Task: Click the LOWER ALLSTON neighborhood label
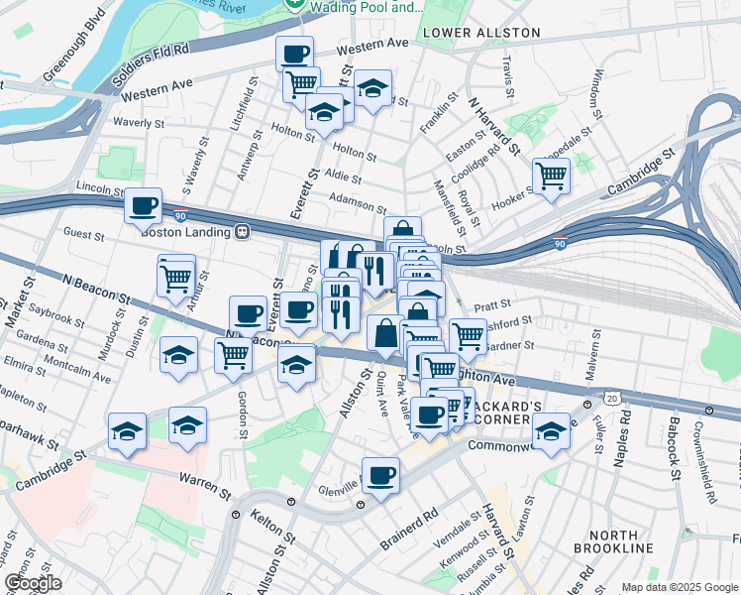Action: (481, 33)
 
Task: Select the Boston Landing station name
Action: (187, 232)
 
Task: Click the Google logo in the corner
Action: (33, 583)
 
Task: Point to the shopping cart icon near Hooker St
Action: (551, 178)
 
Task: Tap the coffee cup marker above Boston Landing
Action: (144, 206)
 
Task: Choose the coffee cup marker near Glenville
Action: (380, 476)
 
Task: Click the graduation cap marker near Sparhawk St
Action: (128, 431)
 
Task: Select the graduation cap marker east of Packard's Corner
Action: (551, 431)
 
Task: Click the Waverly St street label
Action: (139, 123)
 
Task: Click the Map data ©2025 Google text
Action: (680, 587)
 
